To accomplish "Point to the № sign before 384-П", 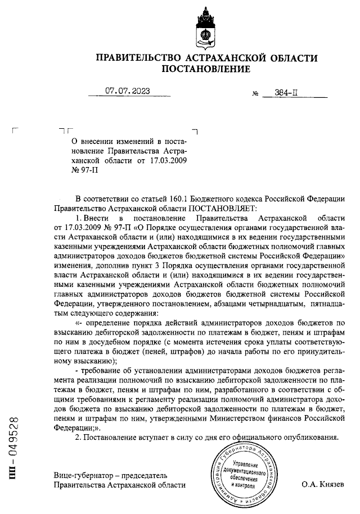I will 255,95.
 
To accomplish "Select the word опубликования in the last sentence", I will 312,437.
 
